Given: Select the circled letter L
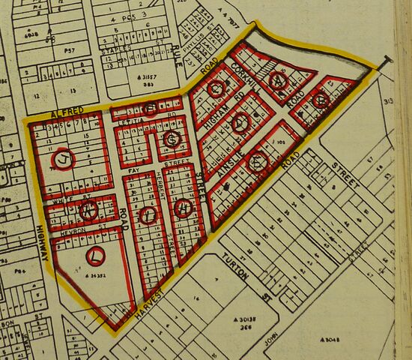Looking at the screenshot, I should coord(95,256).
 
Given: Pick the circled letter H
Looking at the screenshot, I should coord(182,210).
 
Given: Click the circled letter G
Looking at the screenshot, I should coord(172,139).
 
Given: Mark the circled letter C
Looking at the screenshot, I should coord(216,90).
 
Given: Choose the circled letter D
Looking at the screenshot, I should coord(240,124).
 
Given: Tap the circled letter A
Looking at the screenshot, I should coord(279,79).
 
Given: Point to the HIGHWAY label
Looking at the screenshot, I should coord(43,244).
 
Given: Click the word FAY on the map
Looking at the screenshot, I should coord(136,171).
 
